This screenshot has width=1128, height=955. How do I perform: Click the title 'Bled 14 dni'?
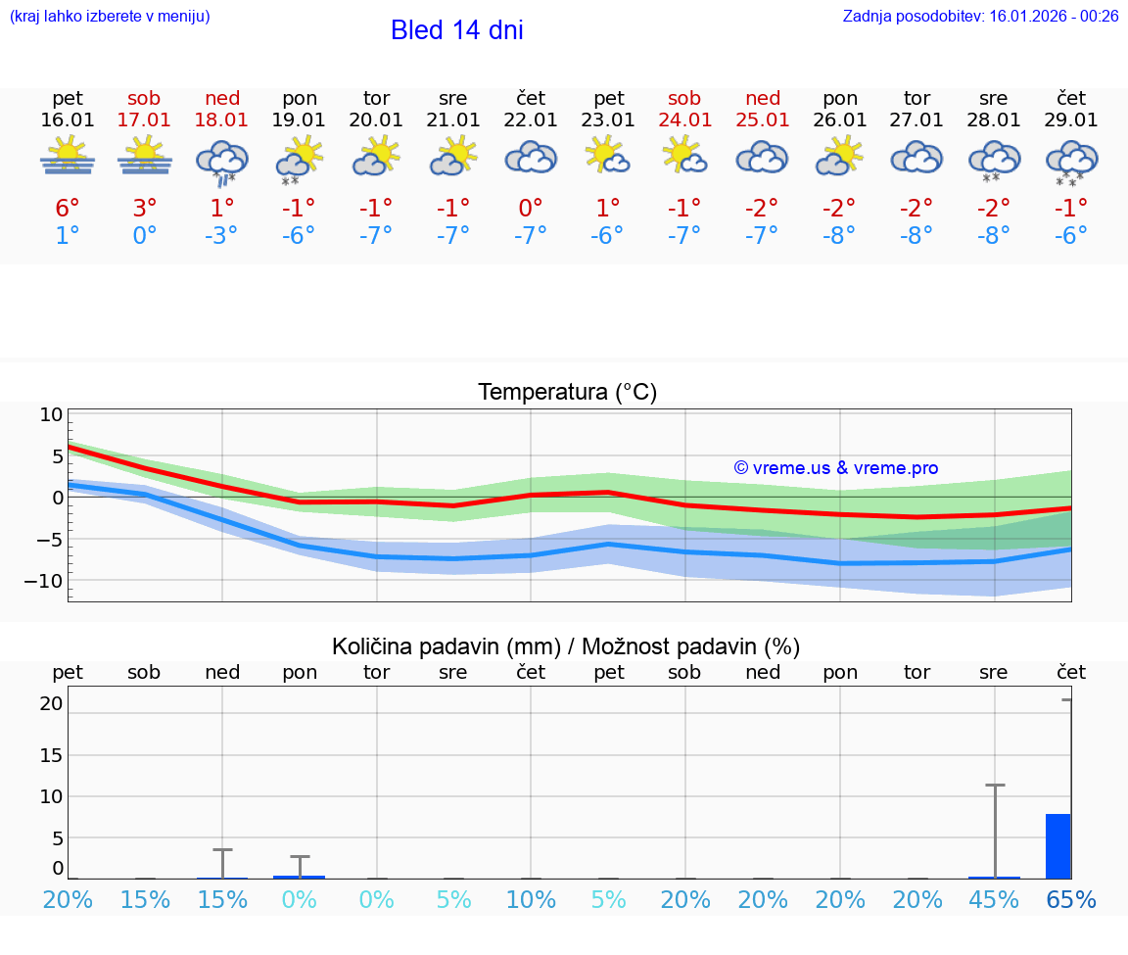(x=456, y=30)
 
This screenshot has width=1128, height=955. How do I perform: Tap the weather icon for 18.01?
(x=222, y=161)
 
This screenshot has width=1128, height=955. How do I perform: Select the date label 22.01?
(x=530, y=120)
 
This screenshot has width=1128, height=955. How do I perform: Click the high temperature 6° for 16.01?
(x=68, y=208)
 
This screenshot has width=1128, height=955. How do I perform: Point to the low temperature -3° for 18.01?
(x=221, y=236)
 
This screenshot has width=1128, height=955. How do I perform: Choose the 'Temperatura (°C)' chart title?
(x=567, y=393)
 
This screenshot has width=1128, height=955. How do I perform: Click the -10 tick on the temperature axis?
(x=50, y=581)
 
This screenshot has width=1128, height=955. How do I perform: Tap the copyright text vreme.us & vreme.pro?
(x=836, y=468)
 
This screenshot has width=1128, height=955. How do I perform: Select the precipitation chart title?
(x=566, y=646)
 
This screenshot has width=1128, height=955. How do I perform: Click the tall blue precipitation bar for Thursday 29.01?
(x=1057, y=846)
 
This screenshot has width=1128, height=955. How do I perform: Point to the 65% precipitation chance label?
(x=1071, y=900)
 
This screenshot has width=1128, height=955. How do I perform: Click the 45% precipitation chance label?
(x=994, y=900)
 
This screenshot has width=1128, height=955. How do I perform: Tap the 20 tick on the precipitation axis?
(x=52, y=703)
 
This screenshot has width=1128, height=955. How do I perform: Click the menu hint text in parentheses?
(x=110, y=16)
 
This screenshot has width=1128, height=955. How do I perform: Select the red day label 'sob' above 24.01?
(x=684, y=98)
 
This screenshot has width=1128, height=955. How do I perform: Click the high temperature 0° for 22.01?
(x=530, y=208)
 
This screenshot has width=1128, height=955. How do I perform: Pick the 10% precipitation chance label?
(x=531, y=900)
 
